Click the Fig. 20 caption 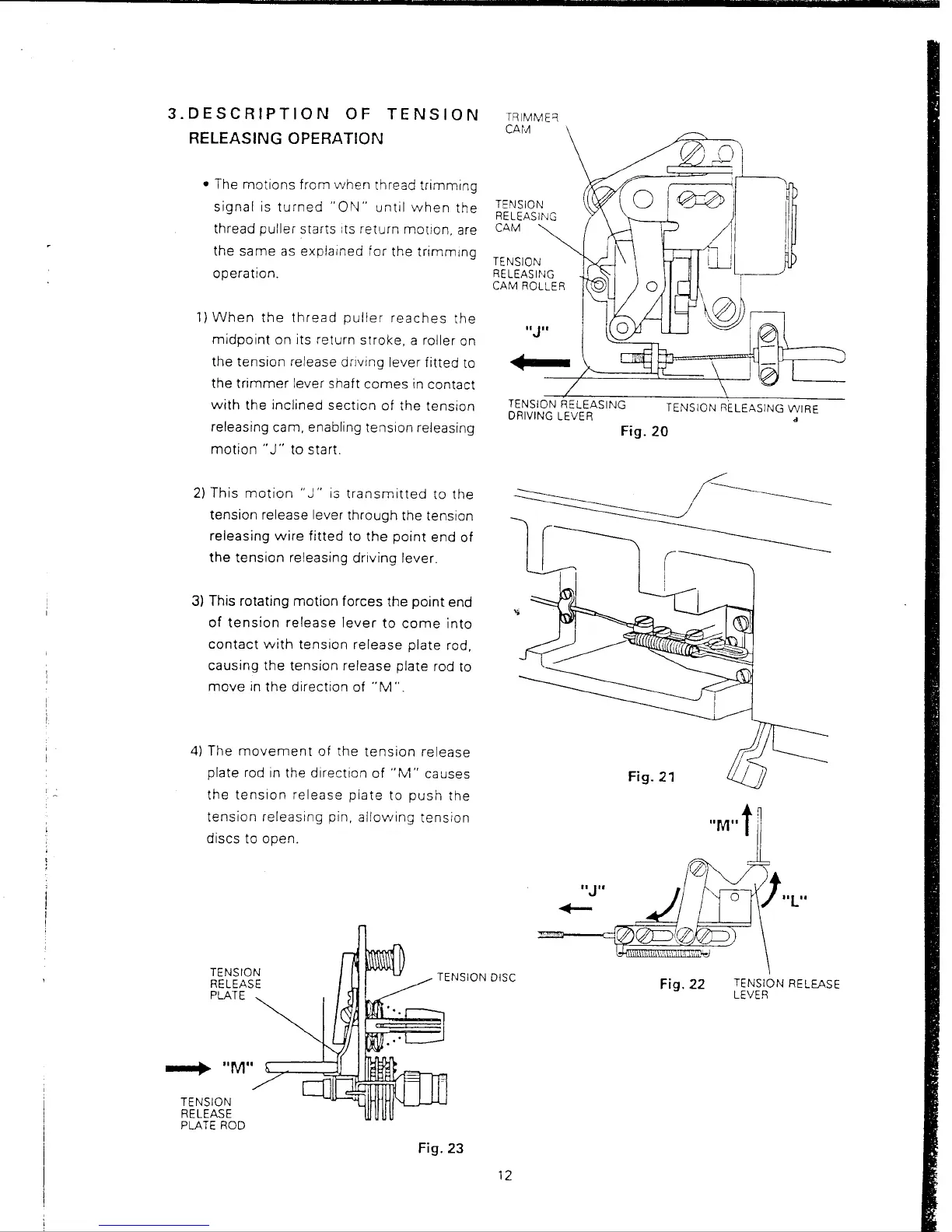(644, 431)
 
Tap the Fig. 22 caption (681, 984)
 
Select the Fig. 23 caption (440, 1147)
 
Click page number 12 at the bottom (505, 1174)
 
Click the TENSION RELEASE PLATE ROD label (212, 1113)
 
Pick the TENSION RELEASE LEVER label (786, 989)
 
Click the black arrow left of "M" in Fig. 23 (188, 1066)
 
